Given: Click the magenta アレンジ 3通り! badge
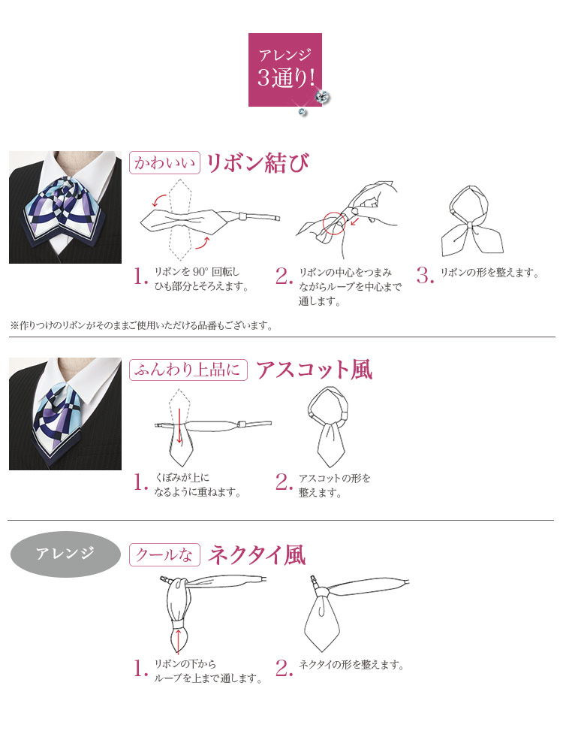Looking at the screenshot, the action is coord(285,69).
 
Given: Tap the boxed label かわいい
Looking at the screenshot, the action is coord(164,163).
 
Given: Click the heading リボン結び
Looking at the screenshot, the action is coord(258,163).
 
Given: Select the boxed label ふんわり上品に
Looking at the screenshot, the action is coord(188,370).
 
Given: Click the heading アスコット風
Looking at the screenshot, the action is coord(315,370).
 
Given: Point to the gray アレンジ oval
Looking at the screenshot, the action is coord(65,554).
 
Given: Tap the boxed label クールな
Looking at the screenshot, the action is coord(164,554).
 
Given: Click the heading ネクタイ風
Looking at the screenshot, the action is coord(257,554).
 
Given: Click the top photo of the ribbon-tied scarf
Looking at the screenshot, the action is coord(65,207).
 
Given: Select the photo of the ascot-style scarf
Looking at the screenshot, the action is coord(65,414).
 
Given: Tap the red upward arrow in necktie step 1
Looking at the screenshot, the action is coord(178,641).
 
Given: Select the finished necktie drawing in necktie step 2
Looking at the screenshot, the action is coord(356,612).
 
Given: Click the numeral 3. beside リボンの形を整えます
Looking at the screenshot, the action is coord(425,275).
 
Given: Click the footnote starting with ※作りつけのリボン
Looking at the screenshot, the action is coord(141,325).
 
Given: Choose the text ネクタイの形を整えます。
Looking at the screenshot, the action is coord(351,664).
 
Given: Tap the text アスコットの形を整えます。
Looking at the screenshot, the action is coord(334,485).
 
